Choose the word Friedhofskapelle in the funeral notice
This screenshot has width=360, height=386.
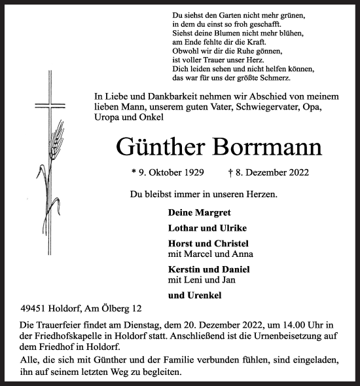(x=67, y=336)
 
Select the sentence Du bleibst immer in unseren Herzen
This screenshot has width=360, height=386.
(x=203, y=194)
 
